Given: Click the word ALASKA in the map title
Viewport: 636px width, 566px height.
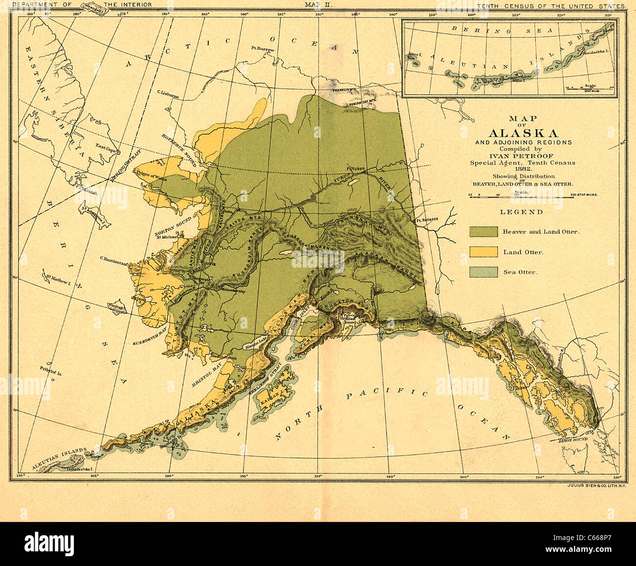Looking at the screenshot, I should (523, 134).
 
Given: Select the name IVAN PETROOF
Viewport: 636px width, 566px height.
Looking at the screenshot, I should (522, 156).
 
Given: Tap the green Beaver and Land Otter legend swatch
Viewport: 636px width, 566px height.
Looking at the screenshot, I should (483, 231).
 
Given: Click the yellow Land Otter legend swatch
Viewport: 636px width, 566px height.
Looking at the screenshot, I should (483, 252).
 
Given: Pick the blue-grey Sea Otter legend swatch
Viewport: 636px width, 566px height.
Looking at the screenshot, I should (483, 272).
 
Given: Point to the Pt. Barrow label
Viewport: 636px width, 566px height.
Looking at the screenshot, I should (263, 49).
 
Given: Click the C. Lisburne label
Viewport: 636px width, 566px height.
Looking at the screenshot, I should (167, 91).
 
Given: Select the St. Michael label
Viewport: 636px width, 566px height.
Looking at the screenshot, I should (166, 238).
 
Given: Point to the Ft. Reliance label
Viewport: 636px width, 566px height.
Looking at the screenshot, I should (427, 219).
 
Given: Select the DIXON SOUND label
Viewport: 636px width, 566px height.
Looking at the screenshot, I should (572, 441).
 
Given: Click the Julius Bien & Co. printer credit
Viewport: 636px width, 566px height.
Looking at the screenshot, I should (596, 485).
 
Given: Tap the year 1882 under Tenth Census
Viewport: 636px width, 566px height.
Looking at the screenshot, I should (522, 169).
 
